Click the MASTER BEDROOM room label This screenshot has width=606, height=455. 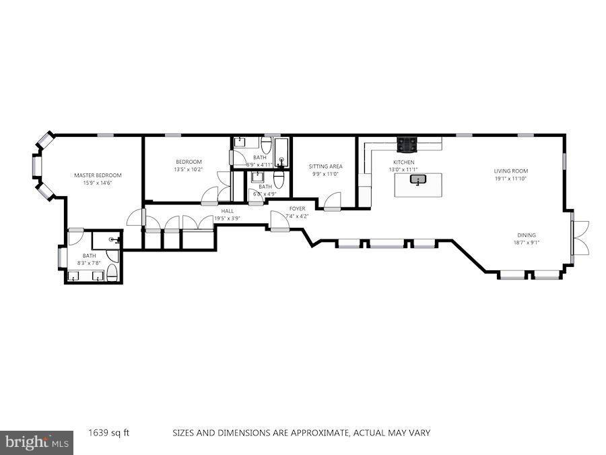tap(98, 175)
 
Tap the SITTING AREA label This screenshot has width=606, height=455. tap(325, 166)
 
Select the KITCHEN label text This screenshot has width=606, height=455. tap(403, 162)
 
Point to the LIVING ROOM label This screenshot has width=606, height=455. tap(510, 171)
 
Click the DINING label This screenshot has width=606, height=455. tap(527, 235)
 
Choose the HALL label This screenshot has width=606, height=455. tap(227, 210)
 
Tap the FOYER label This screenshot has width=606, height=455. tap(297, 208)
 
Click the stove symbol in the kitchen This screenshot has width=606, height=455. tap(406, 144)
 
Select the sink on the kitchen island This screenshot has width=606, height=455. tap(419, 180)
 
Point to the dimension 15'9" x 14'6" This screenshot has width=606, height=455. tap(98, 183)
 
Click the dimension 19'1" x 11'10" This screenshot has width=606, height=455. tap(510, 179)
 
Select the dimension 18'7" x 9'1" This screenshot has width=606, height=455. tap(527, 243)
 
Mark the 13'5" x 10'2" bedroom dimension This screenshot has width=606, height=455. tap(189, 169)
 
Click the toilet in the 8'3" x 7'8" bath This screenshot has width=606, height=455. tap(112, 272)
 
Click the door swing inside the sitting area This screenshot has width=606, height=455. tap(332, 201)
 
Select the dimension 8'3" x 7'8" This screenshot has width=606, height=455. tap(90, 263)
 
